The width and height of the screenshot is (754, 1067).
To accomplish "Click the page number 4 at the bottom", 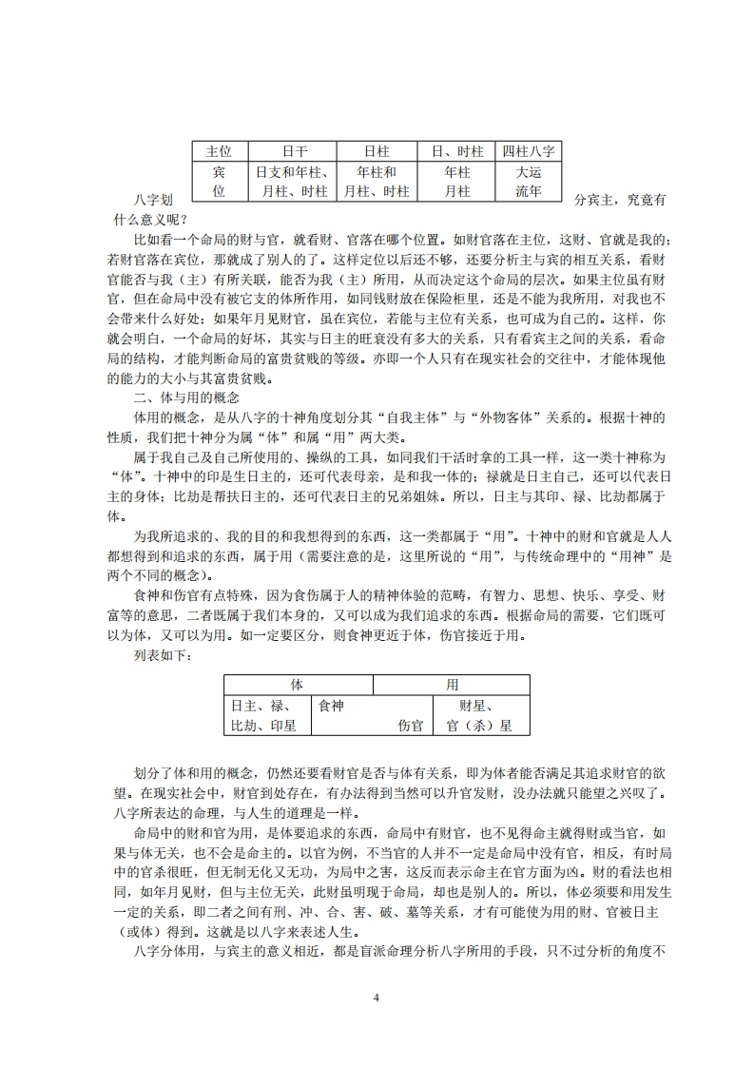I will (377, 998).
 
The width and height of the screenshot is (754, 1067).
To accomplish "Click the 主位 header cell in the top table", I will (219, 151).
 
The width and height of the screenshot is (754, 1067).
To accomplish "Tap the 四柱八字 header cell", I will (529, 151).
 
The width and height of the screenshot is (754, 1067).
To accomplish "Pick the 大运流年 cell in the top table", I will (529, 182).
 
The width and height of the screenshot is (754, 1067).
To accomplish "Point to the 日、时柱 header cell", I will (457, 151).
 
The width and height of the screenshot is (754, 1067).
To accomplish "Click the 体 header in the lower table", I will (297, 685).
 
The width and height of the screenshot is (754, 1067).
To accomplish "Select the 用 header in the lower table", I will (452, 685).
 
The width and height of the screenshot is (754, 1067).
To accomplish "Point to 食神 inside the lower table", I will (332, 706).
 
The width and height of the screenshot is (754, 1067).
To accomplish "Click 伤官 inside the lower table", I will (410, 726).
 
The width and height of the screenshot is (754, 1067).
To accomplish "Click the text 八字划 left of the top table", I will (154, 201).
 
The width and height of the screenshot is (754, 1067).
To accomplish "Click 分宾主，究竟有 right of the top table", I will (620, 201).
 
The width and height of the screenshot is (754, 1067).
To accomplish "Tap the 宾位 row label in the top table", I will (219, 182).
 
